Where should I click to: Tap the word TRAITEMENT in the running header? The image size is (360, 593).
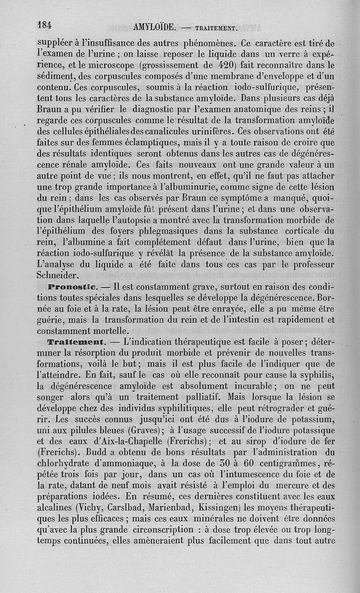(216, 28)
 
